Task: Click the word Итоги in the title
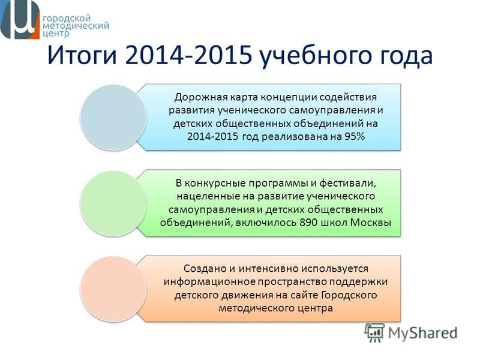(x=82, y=55)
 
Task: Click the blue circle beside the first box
(x=113, y=117)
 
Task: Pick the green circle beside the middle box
(x=113, y=203)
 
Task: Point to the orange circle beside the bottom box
(x=113, y=289)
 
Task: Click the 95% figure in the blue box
(x=355, y=136)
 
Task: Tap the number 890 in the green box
(x=308, y=222)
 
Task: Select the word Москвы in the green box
(x=371, y=222)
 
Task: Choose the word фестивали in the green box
(x=348, y=184)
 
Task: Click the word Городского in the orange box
(x=349, y=295)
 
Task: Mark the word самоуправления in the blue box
(x=332, y=110)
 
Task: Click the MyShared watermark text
(x=423, y=334)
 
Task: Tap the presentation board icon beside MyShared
(x=374, y=332)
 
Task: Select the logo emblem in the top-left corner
(x=20, y=19)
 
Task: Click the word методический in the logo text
(x=76, y=25)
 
